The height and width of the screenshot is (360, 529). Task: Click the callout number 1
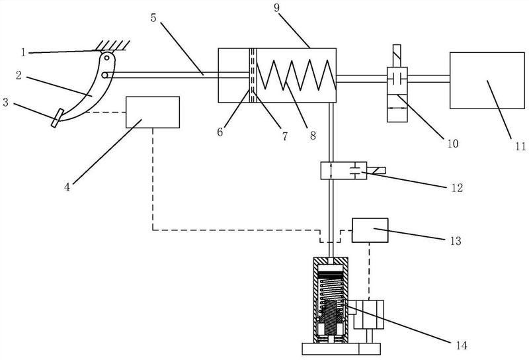coord(23,52)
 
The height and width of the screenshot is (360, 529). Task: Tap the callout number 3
coord(5,103)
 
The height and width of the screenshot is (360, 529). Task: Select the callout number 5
coord(153,18)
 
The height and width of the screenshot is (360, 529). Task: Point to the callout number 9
coord(276,7)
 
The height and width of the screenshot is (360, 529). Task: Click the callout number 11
coord(520,146)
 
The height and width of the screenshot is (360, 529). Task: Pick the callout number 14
coord(461,345)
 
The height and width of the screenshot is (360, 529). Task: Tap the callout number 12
coord(457,188)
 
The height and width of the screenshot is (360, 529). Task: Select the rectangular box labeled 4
coord(153,112)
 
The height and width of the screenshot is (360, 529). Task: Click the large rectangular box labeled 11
coord(487,80)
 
